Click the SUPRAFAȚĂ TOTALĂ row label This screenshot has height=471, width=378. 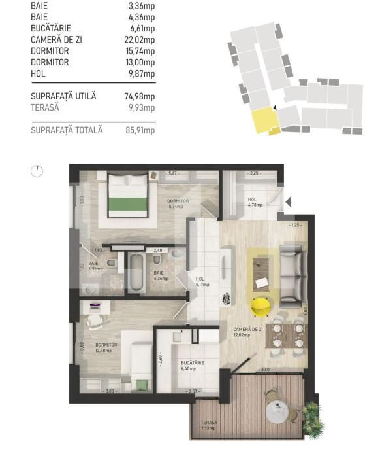pos(67,130)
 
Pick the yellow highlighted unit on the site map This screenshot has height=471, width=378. pos(264,120)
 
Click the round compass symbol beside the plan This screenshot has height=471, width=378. pos(37,171)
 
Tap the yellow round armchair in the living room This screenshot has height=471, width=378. pos(261,304)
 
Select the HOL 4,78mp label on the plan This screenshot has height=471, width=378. pos(255,201)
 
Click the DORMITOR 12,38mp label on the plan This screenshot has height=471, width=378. pos(105,347)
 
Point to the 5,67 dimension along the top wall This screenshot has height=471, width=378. pos(173,173)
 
